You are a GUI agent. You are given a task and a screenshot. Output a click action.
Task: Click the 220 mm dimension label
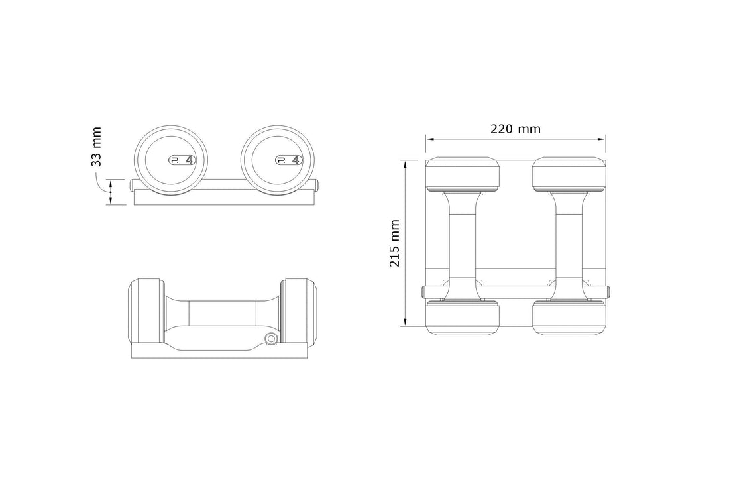(x=515, y=129)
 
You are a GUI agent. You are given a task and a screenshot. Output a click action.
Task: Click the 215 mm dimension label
(x=395, y=243)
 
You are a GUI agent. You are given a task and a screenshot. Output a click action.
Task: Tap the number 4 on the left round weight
(x=190, y=160)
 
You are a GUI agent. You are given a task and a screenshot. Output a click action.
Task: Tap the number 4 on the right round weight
(x=296, y=160)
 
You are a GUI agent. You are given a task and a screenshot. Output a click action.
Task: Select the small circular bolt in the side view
(x=270, y=339)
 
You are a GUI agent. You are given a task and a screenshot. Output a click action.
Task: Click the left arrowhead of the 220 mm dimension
(x=429, y=139)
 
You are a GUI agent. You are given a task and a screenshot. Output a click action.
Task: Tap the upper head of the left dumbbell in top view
(x=462, y=174)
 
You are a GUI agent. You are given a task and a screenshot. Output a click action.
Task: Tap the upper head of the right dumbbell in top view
(x=569, y=174)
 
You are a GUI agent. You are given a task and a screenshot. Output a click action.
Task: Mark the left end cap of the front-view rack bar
(x=133, y=185)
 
